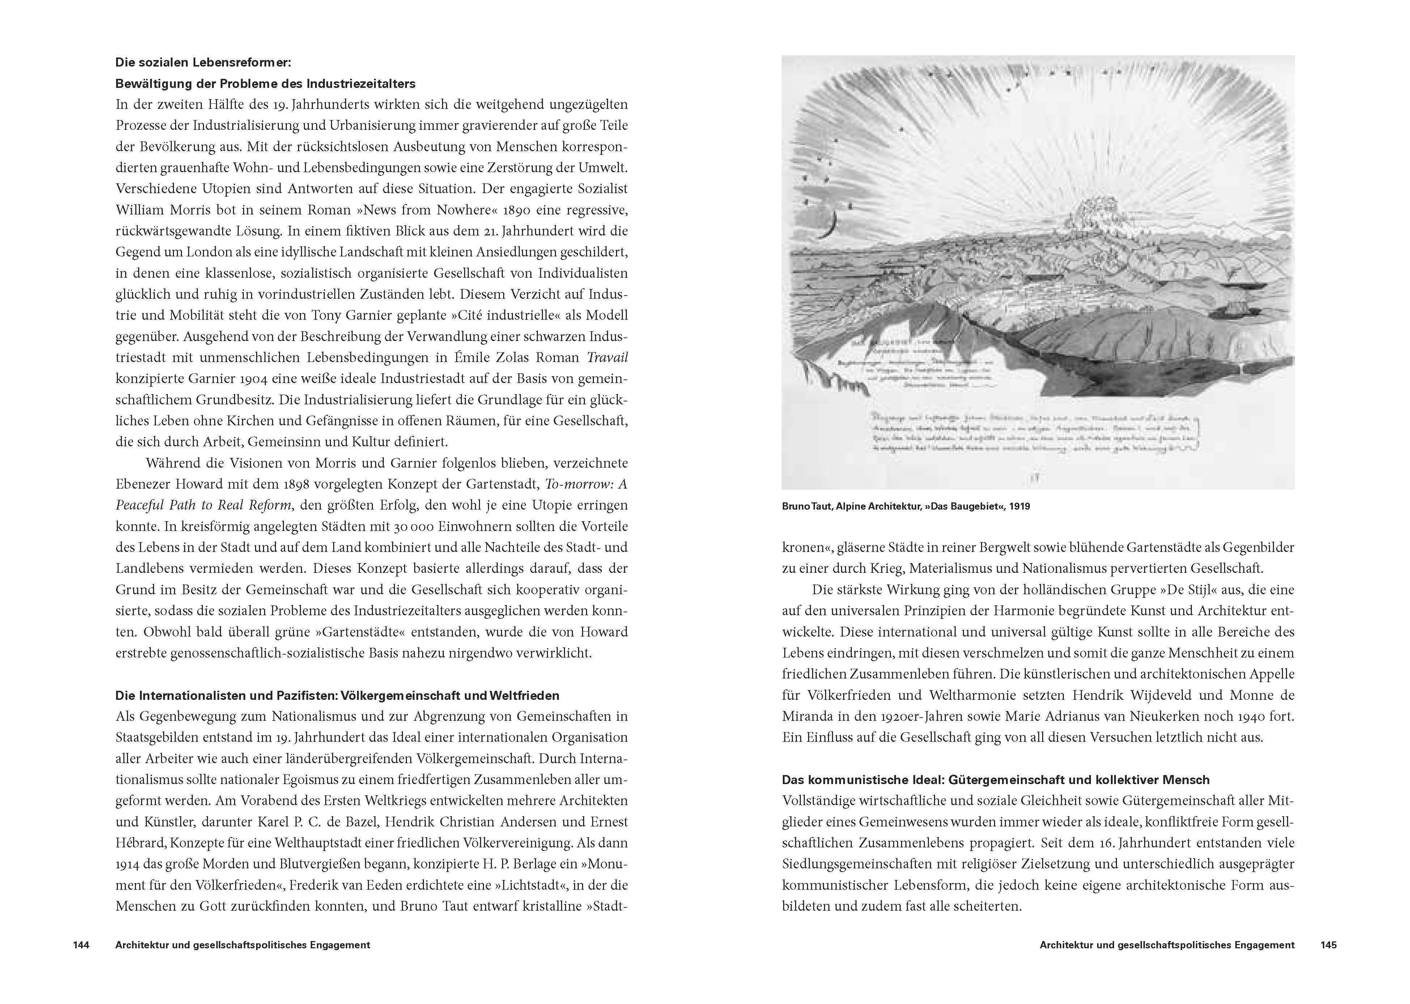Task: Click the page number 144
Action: (81, 945)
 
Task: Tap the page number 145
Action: (1328, 945)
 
